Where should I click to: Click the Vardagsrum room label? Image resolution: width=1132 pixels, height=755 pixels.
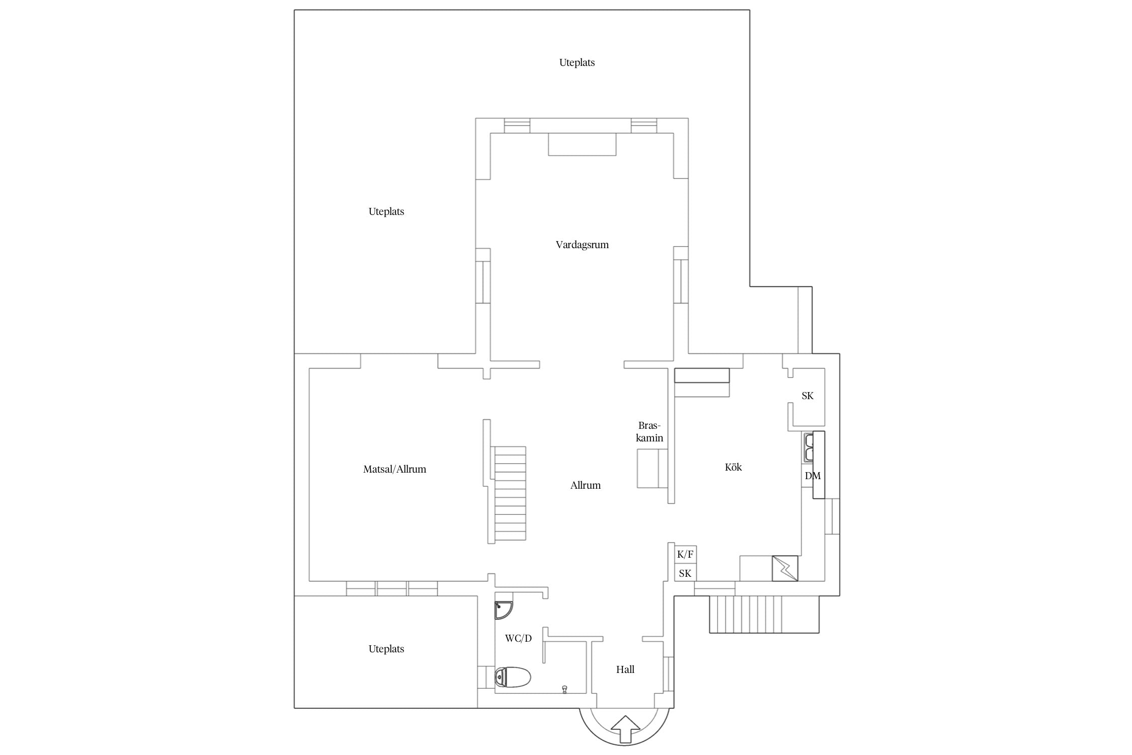click(x=582, y=245)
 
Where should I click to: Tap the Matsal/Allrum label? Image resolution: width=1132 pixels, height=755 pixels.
click(x=394, y=469)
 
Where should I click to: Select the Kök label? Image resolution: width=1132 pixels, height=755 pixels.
click(x=734, y=467)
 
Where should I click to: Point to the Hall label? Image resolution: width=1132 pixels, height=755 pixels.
click(x=625, y=669)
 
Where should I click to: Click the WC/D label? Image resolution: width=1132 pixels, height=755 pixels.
click(x=518, y=638)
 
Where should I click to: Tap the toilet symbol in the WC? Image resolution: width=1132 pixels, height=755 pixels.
click(x=513, y=677)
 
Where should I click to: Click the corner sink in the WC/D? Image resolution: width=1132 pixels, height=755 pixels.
click(x=503, y=610)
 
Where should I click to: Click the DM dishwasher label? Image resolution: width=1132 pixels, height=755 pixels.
click(x=813, y=476)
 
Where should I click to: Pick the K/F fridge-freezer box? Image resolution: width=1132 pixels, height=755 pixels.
click(x=685, y=555)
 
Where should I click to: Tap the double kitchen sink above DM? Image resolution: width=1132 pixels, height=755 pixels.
click(x=808, y=447)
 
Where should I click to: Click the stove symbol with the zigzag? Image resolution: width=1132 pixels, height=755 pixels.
click(x=785, y=568)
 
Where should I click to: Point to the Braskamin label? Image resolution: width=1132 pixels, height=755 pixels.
click(x=650, y=432)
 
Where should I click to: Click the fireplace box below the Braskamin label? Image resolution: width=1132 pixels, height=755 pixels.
click(x=653, y=469)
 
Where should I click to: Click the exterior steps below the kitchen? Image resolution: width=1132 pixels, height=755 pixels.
click(x=764, y=614)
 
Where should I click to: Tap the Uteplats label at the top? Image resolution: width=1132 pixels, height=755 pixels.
click(x=577, y=63)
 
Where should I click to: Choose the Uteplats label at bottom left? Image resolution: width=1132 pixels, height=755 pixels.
click(x=386, y=649)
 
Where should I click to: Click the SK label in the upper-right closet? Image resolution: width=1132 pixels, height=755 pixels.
click(x=807, y=396)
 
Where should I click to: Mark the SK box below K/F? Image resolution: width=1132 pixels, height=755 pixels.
click(x=685, y=573)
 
